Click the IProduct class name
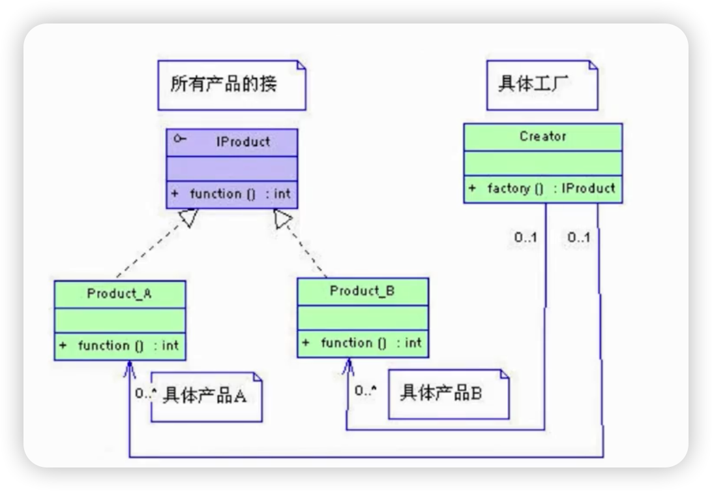(243, 142)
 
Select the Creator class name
(542, 136)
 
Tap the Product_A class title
(119, 293)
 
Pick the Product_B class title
(363, 291)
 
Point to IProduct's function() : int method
(240, 194)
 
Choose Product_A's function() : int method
(128, 345)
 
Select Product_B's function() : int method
(370, 343)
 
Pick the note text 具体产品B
(441, 393)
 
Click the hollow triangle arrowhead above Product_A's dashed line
(188, 217)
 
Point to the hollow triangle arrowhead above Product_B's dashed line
(282, 219)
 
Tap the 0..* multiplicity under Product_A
(144, 394)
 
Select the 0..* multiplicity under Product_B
(365, 391)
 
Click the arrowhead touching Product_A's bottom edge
(129, 367)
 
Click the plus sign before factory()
(472, 189)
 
